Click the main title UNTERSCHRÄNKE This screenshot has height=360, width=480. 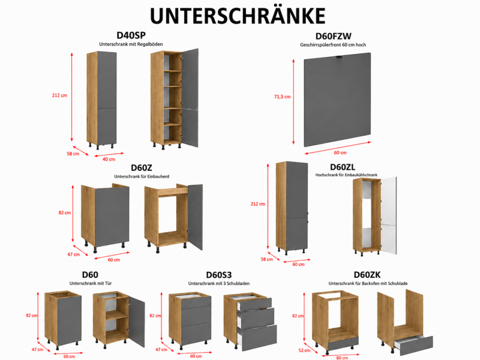click(x=238, y=16)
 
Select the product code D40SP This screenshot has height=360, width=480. click(x=131, y=35)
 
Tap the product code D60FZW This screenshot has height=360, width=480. click(x=334, y=36)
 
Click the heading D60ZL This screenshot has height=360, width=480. click(x=343, y=167)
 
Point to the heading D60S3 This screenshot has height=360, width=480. click(x=218, y=275)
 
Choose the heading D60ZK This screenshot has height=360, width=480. click(x=367, y=275)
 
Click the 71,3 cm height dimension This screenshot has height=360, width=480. click(x=282, y=97)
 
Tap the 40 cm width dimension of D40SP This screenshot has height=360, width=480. click(x=109, y=159)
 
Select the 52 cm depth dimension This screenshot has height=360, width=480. click(x=304, y=350)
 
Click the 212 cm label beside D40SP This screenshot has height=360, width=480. click(x=59, y=95)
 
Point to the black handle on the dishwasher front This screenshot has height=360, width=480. click(x=340, y=57)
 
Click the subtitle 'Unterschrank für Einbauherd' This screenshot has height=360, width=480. click(x=142, y=176)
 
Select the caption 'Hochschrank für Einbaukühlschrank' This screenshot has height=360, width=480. click(x=346, y=175)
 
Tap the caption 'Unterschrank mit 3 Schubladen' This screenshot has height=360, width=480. click(x=219, y=283)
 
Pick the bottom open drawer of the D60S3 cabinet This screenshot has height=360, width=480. click(x=257, y=337)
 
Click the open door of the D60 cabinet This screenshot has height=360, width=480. click(x=137, y=322)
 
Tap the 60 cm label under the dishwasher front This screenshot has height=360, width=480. click(x=340, y=152)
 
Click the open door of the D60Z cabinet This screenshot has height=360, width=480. click(x=196, y=217)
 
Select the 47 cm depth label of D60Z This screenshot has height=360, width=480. click(x=73, y=254)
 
